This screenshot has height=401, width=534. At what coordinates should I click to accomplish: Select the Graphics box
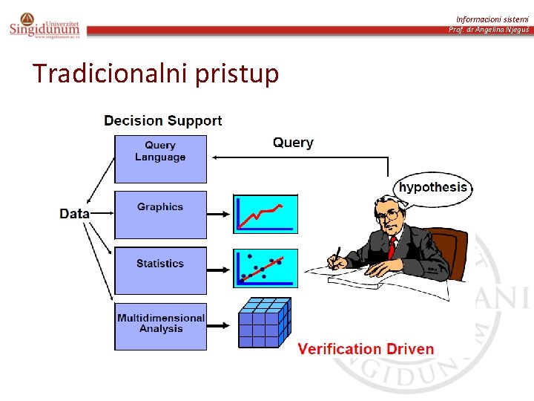click(160, 214)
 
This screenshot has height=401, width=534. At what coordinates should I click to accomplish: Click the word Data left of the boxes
click(74, 214)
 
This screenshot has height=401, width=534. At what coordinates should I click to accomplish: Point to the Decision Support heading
click(163, 120)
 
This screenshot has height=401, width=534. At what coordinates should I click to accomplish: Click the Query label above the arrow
click(293, 143)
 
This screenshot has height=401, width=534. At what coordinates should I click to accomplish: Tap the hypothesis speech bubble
click(433, 187)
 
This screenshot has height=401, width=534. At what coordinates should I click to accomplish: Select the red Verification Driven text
click(366, 349)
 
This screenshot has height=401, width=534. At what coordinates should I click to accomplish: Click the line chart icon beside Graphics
click(265, 214)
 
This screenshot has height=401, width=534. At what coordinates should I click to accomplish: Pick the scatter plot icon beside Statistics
click(265, 268)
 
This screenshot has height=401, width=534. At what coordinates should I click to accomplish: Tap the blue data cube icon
click(264, 323)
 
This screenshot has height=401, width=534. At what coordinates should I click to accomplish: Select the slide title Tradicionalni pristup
click(156, 74)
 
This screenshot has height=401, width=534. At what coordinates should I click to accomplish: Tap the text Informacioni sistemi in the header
click(492, 19)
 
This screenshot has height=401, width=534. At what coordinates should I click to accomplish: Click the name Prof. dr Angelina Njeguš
click(489, 30)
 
